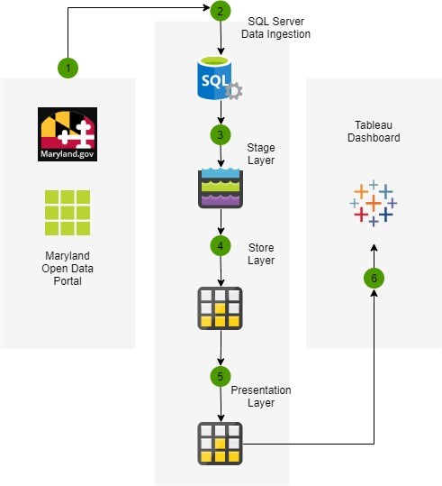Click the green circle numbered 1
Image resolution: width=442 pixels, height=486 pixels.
pos(68,68)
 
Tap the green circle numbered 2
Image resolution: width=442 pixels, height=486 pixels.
pos(221,11)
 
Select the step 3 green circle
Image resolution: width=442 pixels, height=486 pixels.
pos(221,135)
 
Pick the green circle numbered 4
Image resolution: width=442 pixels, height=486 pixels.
pos(221,246)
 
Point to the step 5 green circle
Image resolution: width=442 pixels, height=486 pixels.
pos(221,377)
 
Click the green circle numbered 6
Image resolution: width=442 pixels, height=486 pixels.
pos(374,278)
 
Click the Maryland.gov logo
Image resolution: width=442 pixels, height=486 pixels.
pos(68,134)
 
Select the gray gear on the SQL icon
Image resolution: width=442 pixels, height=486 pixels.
pos(234,91)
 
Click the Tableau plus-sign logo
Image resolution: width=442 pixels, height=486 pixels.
pos(374,204)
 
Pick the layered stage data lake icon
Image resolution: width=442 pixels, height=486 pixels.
pos(221,188)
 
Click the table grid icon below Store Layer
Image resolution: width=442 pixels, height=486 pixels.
pos(220,308)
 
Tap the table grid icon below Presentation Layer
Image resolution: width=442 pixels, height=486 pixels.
pos(220,444)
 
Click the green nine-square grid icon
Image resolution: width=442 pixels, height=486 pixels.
pos(68,213)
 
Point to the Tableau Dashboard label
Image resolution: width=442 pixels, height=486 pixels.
pos(374,132)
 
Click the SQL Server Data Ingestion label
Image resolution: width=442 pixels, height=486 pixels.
pos(275,28)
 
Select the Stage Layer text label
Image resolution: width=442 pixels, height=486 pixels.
pos(261,153)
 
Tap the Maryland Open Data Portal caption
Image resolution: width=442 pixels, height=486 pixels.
pos(68,269)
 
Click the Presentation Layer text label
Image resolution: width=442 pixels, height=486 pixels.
pos(261,397)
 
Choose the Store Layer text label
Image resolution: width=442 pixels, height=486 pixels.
pos(261,254)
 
